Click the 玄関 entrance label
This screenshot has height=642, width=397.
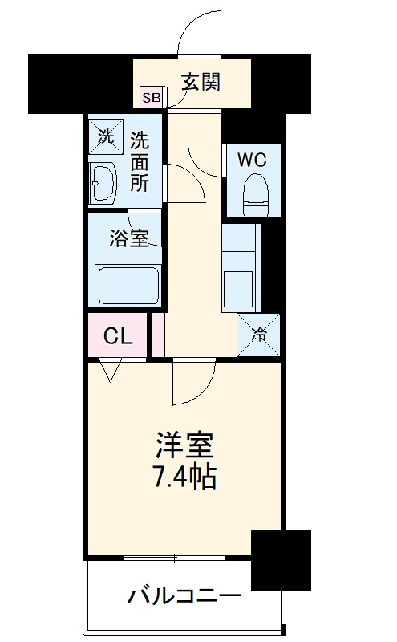(x=200, y=81)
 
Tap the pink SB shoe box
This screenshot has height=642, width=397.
(x=151, y=99)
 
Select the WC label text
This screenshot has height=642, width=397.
(x=251, y=159)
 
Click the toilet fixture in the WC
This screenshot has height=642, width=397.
(x=253, y=193)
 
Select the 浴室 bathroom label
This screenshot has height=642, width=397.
(x=128, y=238)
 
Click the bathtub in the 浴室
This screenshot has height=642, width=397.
(x=128, y=284)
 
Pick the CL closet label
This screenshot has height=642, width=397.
(x=118, y=337)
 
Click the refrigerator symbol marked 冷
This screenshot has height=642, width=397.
(x=259, y=334)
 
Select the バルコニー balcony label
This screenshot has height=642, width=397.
(x=184, y=597)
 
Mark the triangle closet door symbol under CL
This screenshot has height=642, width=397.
(x=111, y=370)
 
